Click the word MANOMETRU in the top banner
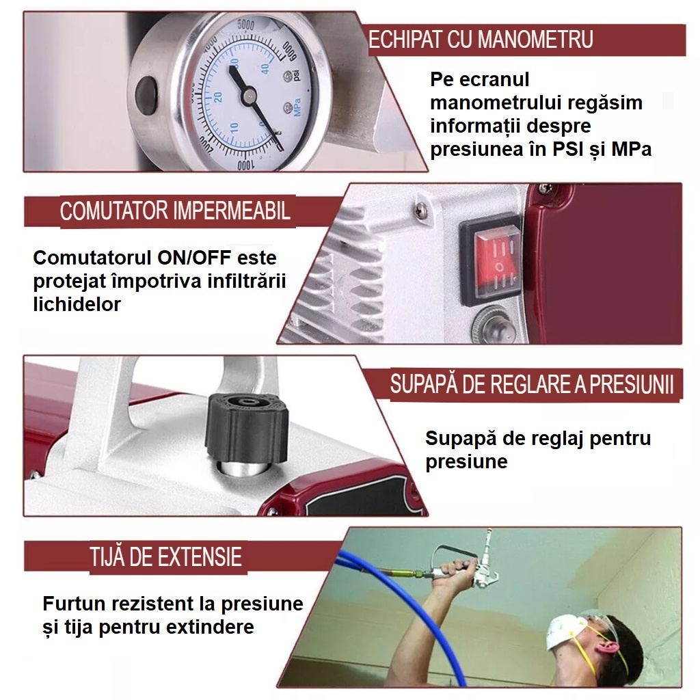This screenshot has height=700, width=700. pos(536,39)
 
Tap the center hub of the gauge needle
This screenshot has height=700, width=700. pos(248,94)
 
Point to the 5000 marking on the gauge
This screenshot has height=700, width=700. pos(245,25)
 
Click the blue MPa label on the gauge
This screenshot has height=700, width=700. pos(297,107)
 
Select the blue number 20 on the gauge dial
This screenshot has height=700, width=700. pos(218,97)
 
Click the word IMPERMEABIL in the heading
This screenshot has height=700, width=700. pos(232,211)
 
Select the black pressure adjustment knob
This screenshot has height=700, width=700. pos(246,428)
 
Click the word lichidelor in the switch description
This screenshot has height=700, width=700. pos(77,304)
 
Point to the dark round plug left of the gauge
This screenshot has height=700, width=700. pos(146,94)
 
